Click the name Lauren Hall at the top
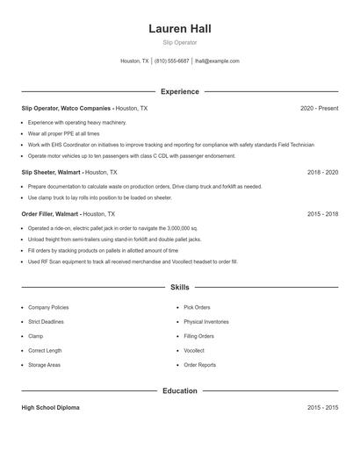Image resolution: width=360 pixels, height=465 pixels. [179, 28]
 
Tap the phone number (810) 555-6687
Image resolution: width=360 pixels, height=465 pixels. [172, 61]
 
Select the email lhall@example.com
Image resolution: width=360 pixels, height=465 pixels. [217, 61]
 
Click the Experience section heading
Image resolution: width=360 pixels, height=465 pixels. [179, 91]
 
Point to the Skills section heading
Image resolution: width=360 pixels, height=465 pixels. [179, 287]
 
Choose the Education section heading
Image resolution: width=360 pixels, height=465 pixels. [179, 390]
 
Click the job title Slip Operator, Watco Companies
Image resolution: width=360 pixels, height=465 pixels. [66, 108]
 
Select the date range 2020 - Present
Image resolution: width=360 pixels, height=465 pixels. [319, 108]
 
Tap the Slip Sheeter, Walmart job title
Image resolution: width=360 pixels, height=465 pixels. [51, 173]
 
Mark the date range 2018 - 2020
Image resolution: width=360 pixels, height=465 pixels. [322, 173]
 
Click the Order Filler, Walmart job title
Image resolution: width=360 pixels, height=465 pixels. [51, 213]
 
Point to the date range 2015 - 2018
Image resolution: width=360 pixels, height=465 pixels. [322, 213]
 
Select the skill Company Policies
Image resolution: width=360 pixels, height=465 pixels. [48, 308]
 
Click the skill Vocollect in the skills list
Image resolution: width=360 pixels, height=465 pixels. [197, 351]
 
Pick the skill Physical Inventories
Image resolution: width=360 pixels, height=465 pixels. [205, 322]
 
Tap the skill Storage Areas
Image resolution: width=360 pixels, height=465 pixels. [44, 365]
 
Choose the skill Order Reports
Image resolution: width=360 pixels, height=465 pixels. [199, 365]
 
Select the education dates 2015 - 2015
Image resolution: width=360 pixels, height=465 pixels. [322, 408]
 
